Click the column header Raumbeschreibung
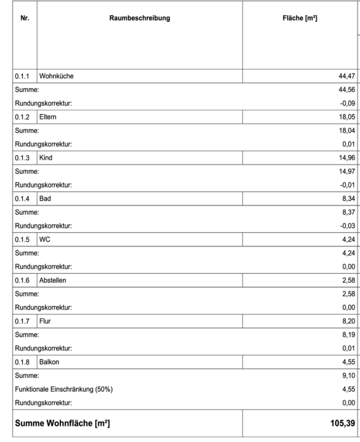140,18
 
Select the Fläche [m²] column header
296,18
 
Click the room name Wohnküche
57,76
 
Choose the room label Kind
46,158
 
